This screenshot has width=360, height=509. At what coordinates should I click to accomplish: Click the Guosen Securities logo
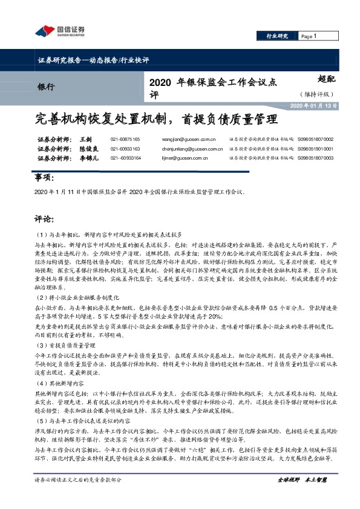[x=59, y=31]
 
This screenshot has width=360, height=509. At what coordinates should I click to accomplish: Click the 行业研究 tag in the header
[x=278, y=36]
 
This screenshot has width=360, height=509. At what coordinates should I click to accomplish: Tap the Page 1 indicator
[x=309, y=36]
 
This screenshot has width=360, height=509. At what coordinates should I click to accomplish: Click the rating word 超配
[x=326, y=78]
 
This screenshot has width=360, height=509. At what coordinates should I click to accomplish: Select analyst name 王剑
[x=85, y=140]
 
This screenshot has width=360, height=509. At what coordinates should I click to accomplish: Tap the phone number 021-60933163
[x=125, y=149]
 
